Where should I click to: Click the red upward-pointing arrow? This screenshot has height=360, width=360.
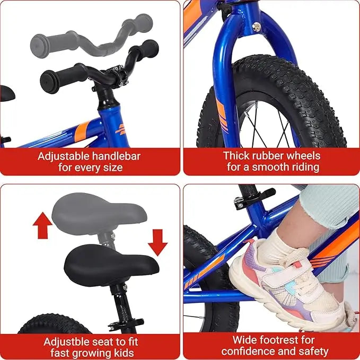(x=43, y=225)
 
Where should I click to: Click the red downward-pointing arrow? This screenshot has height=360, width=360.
(x=157, y=242)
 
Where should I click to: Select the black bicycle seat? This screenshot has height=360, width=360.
(x=111, y=265)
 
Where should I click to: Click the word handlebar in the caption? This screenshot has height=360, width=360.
(x=116, y=156)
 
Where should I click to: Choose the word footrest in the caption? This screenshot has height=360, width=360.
(x=273, y=340)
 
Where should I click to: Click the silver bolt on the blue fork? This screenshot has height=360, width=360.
(x=257, y=28)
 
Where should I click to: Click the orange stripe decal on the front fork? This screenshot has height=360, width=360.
(x=222, y=116)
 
